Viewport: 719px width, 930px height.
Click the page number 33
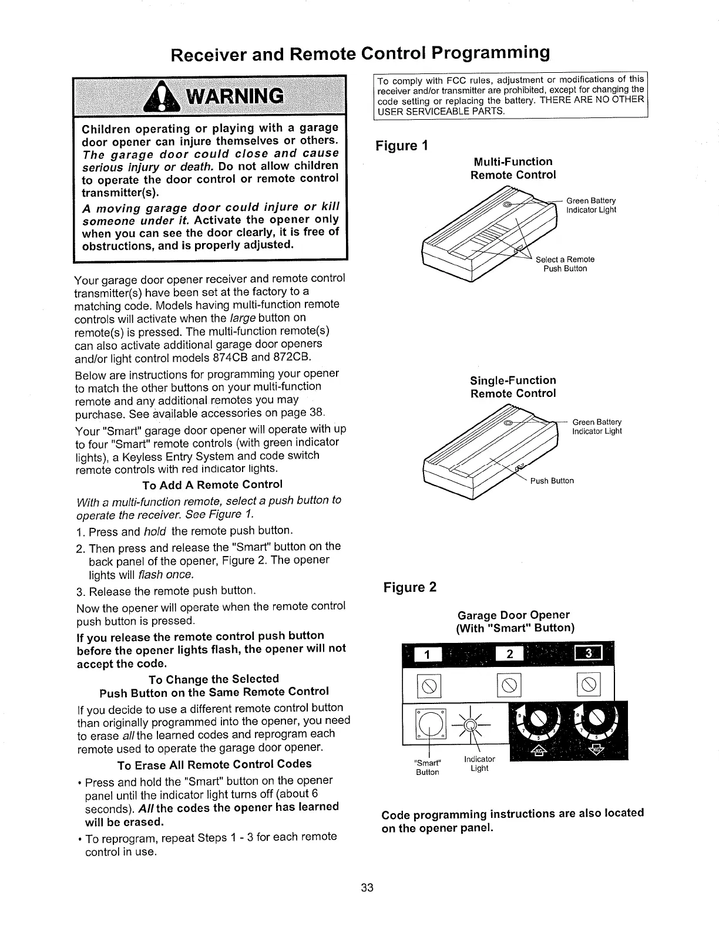pyautogui.click(x=367, y=887)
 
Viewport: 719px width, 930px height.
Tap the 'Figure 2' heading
pyautogui.click(x=409, y=588)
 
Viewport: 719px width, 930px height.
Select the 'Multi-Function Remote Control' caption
pyautogui.click(x=513, y=168)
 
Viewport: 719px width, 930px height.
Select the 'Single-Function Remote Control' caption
pyautogui.click(x=513, y=387)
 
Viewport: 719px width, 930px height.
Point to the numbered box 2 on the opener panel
pyautogui.click(x=509, y=655)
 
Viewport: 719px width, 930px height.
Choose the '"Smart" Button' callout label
pyautogui.click(x=428, y=767)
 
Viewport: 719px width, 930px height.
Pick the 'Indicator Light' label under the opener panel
pyautogui.click(x=479, y=764)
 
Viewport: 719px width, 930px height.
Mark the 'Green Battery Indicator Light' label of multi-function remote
pyautogui.click(x=591, y=205)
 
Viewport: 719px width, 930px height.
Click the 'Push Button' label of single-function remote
pyautogui.click(x=552, y=481)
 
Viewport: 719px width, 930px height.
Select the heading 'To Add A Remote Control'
pyautogui.click(x=212, y=484)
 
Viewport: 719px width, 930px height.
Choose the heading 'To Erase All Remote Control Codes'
pyautogui.click(x=214, y=764)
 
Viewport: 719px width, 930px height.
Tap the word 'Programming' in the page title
pyautogui.click(x=490, y=53)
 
